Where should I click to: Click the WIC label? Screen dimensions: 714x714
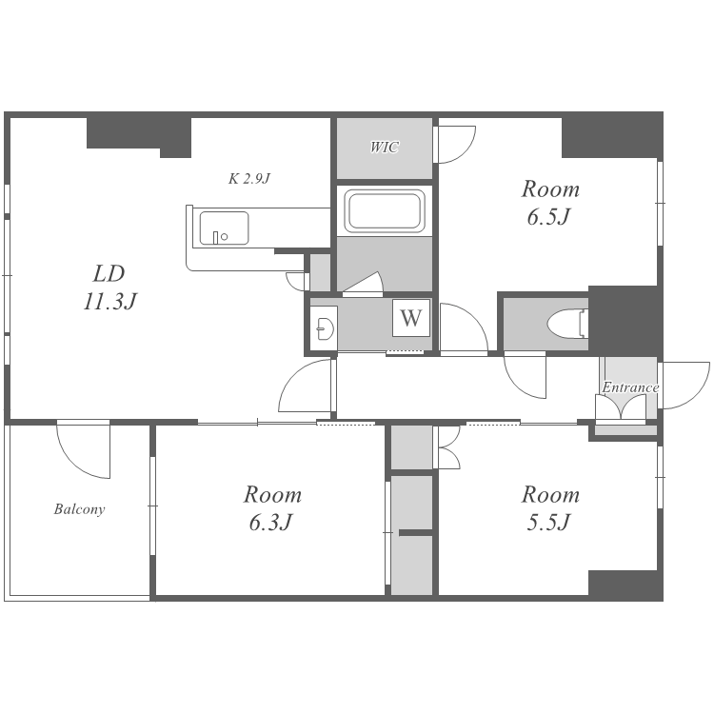pyautogui.click(x=385, y=147)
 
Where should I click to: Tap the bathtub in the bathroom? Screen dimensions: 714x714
pyautogui.click(x=385, y=210)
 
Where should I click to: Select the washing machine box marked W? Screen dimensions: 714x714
pyautogui.click(x=411, y=317)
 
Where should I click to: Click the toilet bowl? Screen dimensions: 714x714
pyautogui.click(x=567, y=324)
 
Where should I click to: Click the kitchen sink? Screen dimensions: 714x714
pyautogui.click(x=224, y=228)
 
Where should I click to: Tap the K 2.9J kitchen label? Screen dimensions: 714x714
pyautogui.click(x=249, y=179)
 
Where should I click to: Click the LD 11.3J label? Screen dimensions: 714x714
pyautogui.click(x=109, y=288)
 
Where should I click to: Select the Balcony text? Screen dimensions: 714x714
pyautogui.click(x=79, y=508)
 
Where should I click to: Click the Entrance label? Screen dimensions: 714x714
pyautogui.click(x=630, y=387)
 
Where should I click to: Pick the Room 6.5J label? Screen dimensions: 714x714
pyautogui.click(x=550, y=203)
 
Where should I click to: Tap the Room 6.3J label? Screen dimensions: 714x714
pyautogui.click(x=272, y=508)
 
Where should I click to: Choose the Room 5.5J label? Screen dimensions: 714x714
pyautogui.click(x=550, y=508)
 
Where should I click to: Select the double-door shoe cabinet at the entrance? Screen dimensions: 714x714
pyautogui.click(x=621, y=407)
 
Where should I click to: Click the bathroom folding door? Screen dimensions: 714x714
pyautogui.click(x=363, y=284)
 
